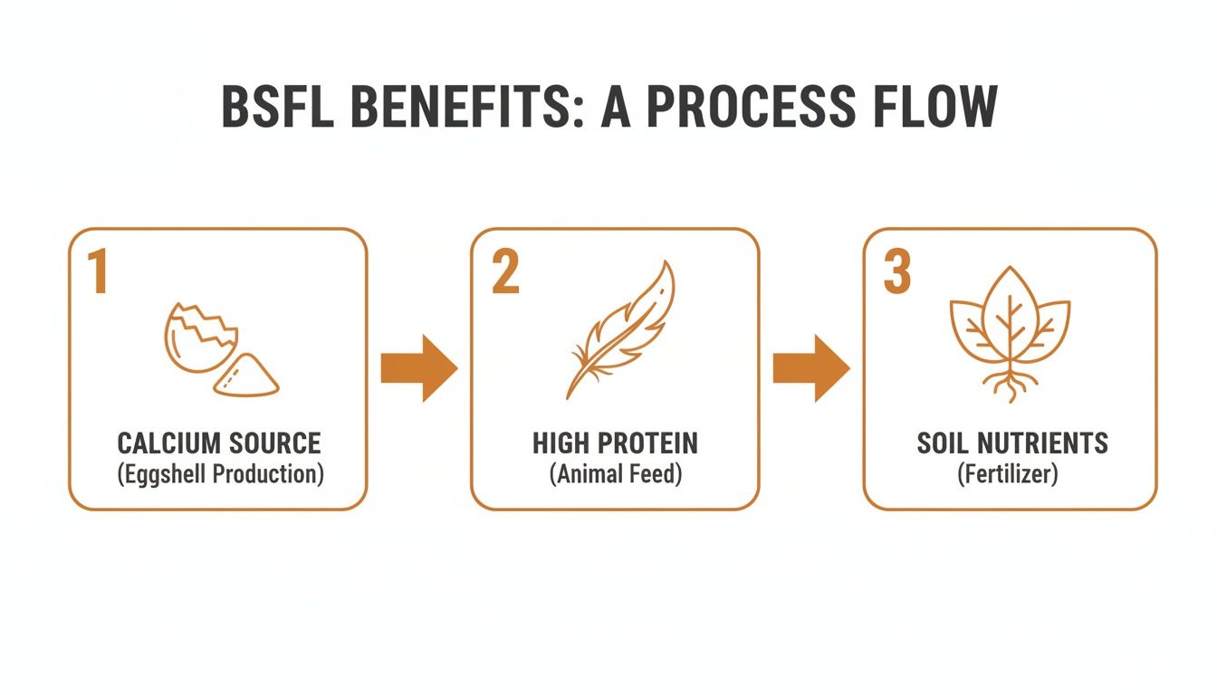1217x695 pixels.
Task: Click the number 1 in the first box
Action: tap(98, 272)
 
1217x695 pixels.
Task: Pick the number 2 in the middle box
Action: tap(505, 272)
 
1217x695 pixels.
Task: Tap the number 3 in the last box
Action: tap(896, 272)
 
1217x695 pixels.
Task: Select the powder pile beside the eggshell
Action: tap(246, 376)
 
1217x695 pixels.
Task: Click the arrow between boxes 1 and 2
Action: tap(418, 368)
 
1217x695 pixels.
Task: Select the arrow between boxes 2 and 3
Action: tap(810, 368)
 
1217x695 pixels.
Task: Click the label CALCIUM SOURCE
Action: tap(219, 443)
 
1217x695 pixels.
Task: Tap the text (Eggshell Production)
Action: tap(219, 473)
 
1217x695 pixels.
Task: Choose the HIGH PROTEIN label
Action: tap(615, 443)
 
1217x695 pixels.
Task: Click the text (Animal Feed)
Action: tap(615, 473)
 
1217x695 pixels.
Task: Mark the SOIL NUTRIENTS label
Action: tap(1011, 443)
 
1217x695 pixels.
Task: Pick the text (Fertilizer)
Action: tap(1008, 473)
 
